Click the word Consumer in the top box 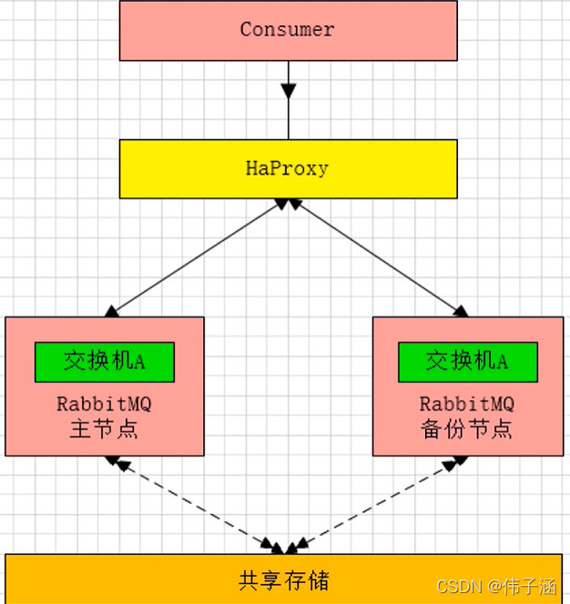(287, 29)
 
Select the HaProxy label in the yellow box (287, 168)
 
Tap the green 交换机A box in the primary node (104, 361)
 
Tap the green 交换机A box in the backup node (467, 361)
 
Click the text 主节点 (104, 429)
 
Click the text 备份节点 (467, 429)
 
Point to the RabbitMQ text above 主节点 (104, 404)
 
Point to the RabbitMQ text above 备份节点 (467, 404)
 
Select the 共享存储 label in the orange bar (283, 579)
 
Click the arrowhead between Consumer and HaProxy (289, 91)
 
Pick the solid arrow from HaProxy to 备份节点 (377, 257)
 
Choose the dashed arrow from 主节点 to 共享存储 (196, 504)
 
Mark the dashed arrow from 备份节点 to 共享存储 (373, 504)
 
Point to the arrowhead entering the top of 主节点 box (112, 311)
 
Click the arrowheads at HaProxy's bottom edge (289, 205)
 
